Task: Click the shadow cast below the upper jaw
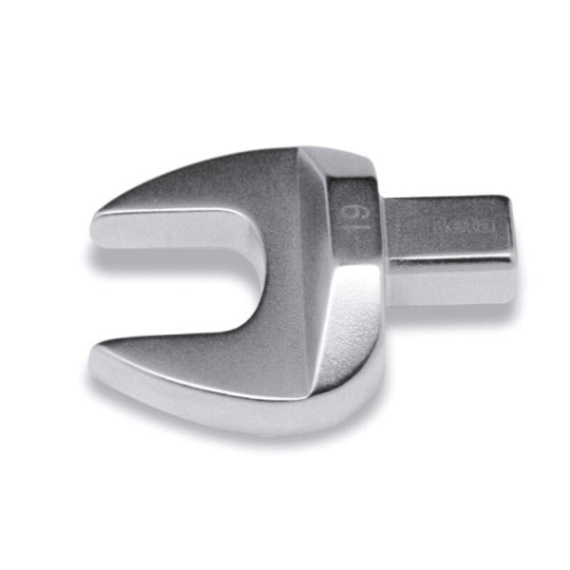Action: click(171, 256)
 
